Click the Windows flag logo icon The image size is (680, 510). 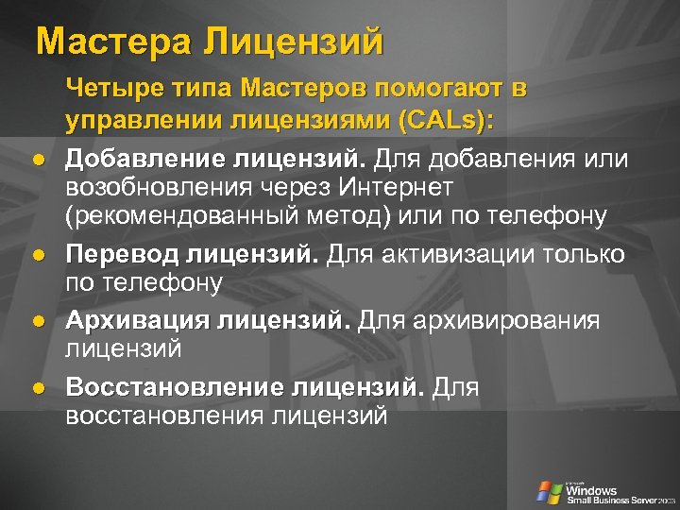coord(549,491)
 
